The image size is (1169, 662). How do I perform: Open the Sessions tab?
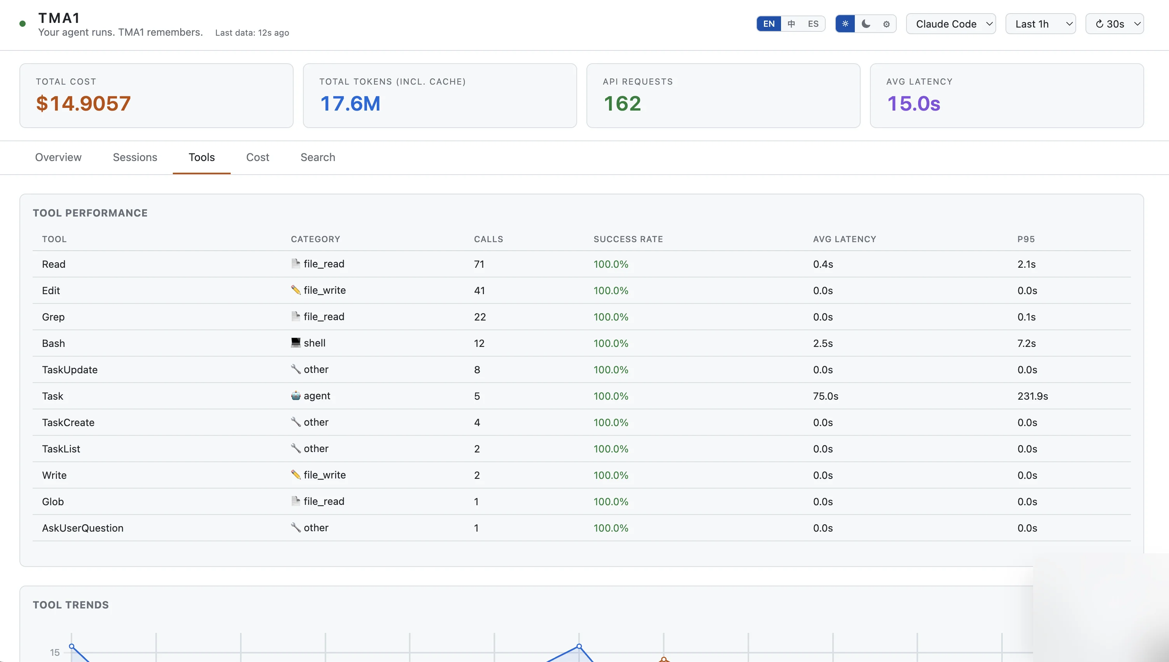click(135, 157)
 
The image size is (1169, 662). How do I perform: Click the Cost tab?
click(257, 157)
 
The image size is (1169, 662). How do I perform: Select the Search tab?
click(318, 157)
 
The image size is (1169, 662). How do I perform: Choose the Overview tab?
click(58, 157)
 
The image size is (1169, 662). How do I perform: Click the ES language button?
click(813, 24)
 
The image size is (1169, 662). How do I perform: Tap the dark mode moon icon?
click(866, 24)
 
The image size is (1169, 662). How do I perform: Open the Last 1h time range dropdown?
click(1040, 24)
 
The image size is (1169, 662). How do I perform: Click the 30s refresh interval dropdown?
click(1114, 24)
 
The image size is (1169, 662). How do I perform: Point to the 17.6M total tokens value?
click(350, 104)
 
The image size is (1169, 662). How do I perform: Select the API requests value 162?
click(622, 104)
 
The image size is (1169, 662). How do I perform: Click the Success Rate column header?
click(628, 239)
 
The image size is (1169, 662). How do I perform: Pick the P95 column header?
click(1026, 239)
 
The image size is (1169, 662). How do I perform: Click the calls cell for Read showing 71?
click(479, 264)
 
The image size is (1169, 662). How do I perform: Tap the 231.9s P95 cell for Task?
click(1032, 396)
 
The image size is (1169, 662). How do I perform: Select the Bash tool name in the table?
click(53, 343)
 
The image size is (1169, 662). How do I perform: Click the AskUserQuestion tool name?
click(82, 528)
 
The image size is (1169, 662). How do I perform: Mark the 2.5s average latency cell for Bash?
click(823, 343)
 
